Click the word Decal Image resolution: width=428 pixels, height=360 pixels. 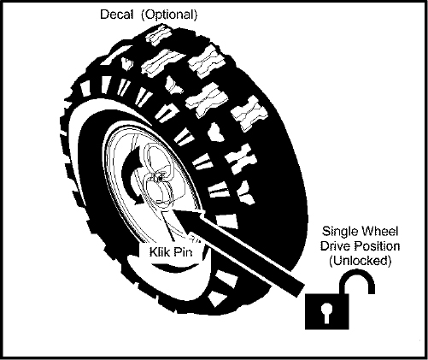click(x=116, y=15)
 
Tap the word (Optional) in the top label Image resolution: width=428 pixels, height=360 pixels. click(x=169, y=15)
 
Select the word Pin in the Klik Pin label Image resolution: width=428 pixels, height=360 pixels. click(x=183, y=252)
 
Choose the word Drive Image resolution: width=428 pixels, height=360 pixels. click(x=334, y=246)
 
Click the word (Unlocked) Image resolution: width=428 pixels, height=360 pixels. click(x=361, y=261)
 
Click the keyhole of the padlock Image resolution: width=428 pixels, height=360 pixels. click(x=326, y=313)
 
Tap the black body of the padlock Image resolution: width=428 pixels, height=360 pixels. click(x=327, y=311)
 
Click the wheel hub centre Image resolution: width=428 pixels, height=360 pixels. click(x=158, y=179)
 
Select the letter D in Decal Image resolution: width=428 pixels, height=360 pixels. click(x=103, y=15)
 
